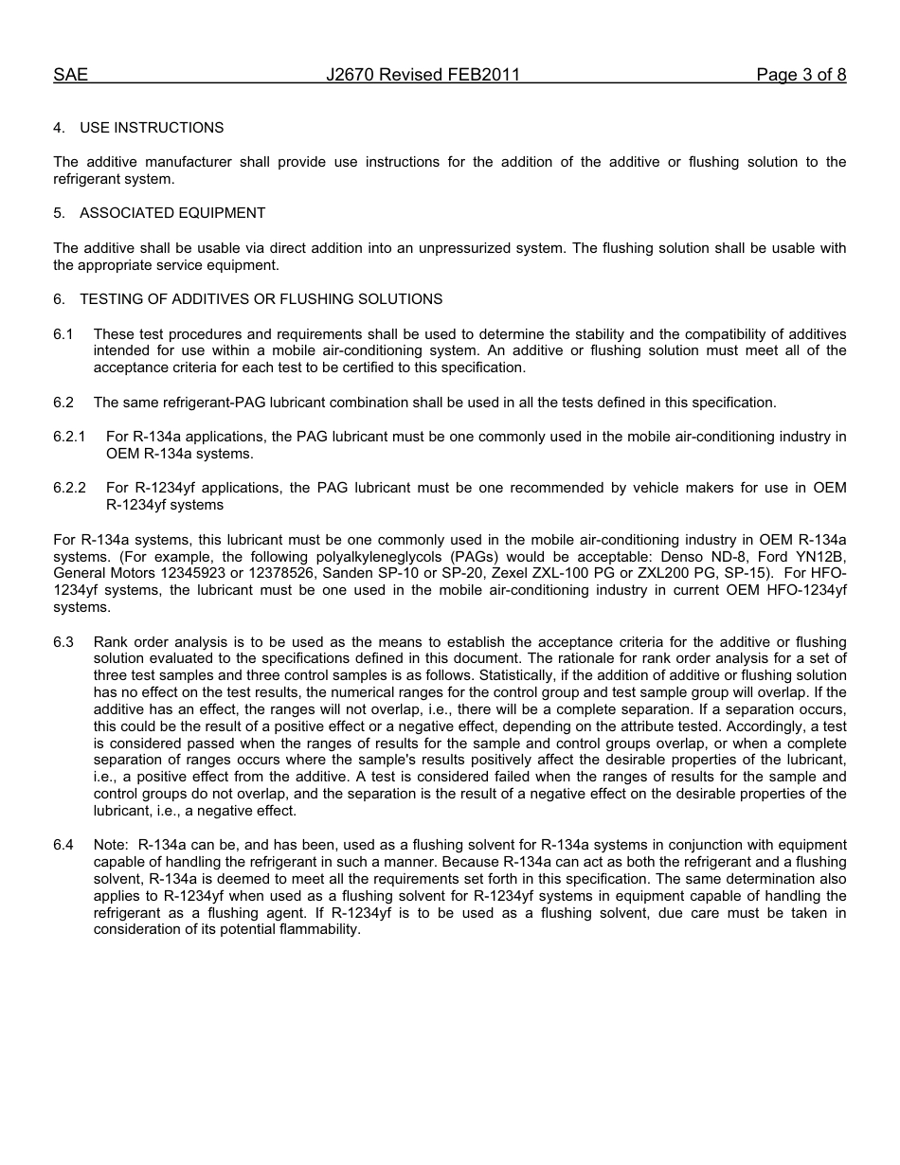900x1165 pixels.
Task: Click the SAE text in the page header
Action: (70, 75)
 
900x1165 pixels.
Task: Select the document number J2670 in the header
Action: (349, 75)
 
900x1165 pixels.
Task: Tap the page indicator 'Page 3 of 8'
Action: (801, 75)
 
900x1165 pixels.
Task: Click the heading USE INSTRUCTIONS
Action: (152, 128)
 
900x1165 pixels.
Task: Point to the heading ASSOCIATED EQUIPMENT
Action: (172, 213)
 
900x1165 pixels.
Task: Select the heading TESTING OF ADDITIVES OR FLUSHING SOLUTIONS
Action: (261, 299)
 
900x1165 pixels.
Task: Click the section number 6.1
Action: (63, 334)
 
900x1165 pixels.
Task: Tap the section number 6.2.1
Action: (69, 437)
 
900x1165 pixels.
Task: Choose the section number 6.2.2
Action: (69, 488)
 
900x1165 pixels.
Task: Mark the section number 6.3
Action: (63, 642)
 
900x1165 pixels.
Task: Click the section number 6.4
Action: (63, 845)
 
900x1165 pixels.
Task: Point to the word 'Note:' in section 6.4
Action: (111, 845)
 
